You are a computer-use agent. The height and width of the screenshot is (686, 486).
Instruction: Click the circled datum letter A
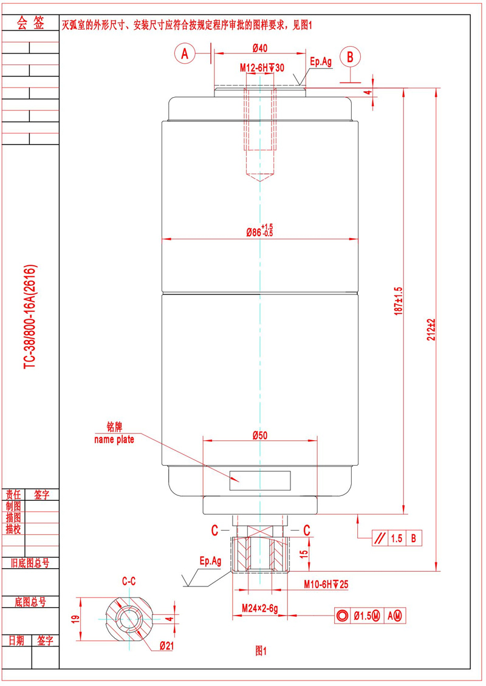click(x=185, y=53)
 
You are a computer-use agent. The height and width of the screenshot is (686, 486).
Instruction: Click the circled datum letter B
click(x=350, y=57)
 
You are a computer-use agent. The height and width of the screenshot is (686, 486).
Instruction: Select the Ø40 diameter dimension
click(x=260, y=48)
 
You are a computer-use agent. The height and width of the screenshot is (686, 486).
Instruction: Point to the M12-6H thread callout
click(x=262, y=68)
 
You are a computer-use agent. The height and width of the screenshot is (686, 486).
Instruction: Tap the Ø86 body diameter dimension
click(x=259, y=231)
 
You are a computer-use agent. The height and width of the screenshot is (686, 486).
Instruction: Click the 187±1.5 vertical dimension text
click(x=398, y=301)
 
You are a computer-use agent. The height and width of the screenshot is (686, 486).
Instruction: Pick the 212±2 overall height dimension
click(x=432, y=330)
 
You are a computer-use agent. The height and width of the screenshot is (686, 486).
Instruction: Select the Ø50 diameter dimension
click(x=260, y=435)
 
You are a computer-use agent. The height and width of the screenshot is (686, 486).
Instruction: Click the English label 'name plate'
click(x=114, y=440)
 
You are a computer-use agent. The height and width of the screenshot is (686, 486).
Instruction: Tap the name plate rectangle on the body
click(x=260, y=480)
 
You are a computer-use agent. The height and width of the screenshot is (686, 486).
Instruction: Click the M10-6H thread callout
click(x=326, y=584)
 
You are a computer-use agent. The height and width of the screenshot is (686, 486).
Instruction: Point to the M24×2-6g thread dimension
click(x=259, y=608)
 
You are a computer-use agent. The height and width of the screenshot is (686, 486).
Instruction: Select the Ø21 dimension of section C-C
click(x=167, y=645)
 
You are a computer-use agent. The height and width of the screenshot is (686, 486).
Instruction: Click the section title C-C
click(x=129, y=581)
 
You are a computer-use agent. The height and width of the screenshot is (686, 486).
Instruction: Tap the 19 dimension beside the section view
click(x=75, y=619)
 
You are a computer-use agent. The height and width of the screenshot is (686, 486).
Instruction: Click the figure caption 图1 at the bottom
click(x=261, y=651)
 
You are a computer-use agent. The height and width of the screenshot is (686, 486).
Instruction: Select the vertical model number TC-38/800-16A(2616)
click(x=30, y=316)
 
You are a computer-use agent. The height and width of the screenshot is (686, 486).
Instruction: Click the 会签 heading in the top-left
click(x=30, y=22)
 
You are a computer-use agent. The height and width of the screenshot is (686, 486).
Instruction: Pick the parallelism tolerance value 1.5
click(x=397, y=538)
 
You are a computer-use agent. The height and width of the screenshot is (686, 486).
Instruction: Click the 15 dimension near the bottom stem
click(x=304, y=554)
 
